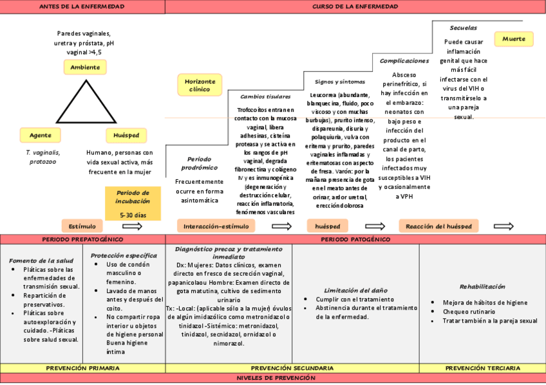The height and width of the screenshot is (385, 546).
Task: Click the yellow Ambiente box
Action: (x=85, y=67)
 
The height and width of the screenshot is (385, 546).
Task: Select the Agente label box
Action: (x=41, y=135)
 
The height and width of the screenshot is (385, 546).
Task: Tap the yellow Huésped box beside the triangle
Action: (x=126, y=135)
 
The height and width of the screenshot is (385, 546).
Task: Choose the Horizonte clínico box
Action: (x=200, y=85)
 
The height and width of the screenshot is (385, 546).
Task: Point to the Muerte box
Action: (x=513, y=39)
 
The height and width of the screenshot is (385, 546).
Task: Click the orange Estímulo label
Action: (x=82, y=226)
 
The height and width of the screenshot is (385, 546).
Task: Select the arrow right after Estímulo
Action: (x=132, y=226)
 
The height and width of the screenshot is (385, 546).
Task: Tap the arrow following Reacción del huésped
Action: (x=504, y=226)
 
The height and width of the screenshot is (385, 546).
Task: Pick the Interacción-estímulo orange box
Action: (x=216, y=226)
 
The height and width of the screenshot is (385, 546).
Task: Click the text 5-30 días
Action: (x=133, y=215)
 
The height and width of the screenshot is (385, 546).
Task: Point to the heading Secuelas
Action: (x=463, y=28)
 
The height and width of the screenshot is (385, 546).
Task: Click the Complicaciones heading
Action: (x=404, y=61)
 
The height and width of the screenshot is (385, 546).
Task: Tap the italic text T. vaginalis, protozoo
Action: (x=42, y=157)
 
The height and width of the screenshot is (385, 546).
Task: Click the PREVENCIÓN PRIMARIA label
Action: (x=82, y=368)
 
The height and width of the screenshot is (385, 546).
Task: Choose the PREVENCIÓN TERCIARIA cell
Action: (x=482, y=368)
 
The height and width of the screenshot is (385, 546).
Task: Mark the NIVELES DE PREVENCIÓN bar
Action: (x=273, y=379)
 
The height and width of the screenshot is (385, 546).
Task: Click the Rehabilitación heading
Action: (x=482, y=287)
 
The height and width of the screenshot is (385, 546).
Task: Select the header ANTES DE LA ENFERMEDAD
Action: (x=82, y=6)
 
